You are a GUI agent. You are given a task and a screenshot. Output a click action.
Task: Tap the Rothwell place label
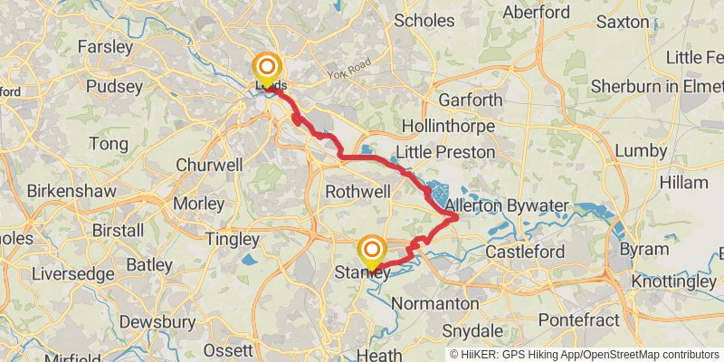tap(357, 192)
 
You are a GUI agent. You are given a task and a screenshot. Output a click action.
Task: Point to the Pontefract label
tap(579, 320)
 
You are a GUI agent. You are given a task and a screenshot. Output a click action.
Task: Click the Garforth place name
tap(470, 100)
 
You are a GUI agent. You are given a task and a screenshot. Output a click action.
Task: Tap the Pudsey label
tap(113, 87)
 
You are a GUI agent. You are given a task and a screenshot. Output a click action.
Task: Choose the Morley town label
tap(197, 204)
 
